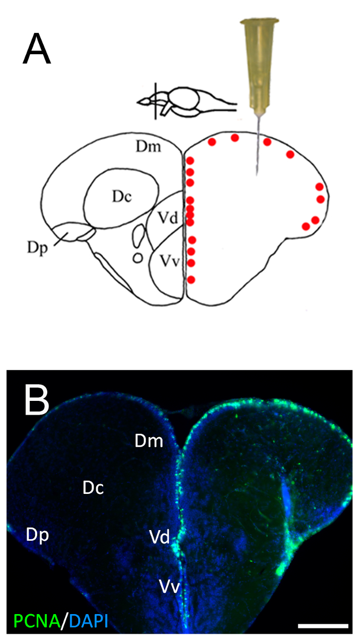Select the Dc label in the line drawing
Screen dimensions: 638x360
[122, 196]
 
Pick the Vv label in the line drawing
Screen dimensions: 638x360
[168, 262]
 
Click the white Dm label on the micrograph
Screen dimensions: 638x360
[148, 441]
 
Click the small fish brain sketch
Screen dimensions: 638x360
[186, 102]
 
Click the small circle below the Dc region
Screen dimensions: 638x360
[138, 258]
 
